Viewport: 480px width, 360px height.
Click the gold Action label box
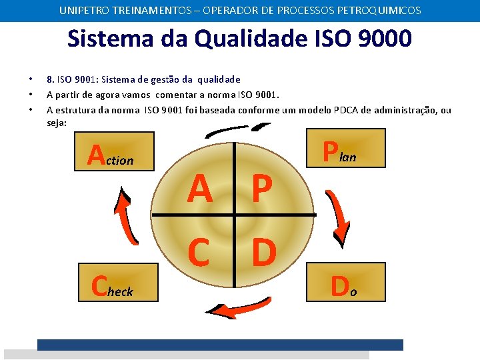click(114, 151)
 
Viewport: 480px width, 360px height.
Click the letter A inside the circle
click(200, 189)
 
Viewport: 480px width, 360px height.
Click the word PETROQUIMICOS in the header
click(379, 11)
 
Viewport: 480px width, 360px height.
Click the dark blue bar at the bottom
click(220, 345)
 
